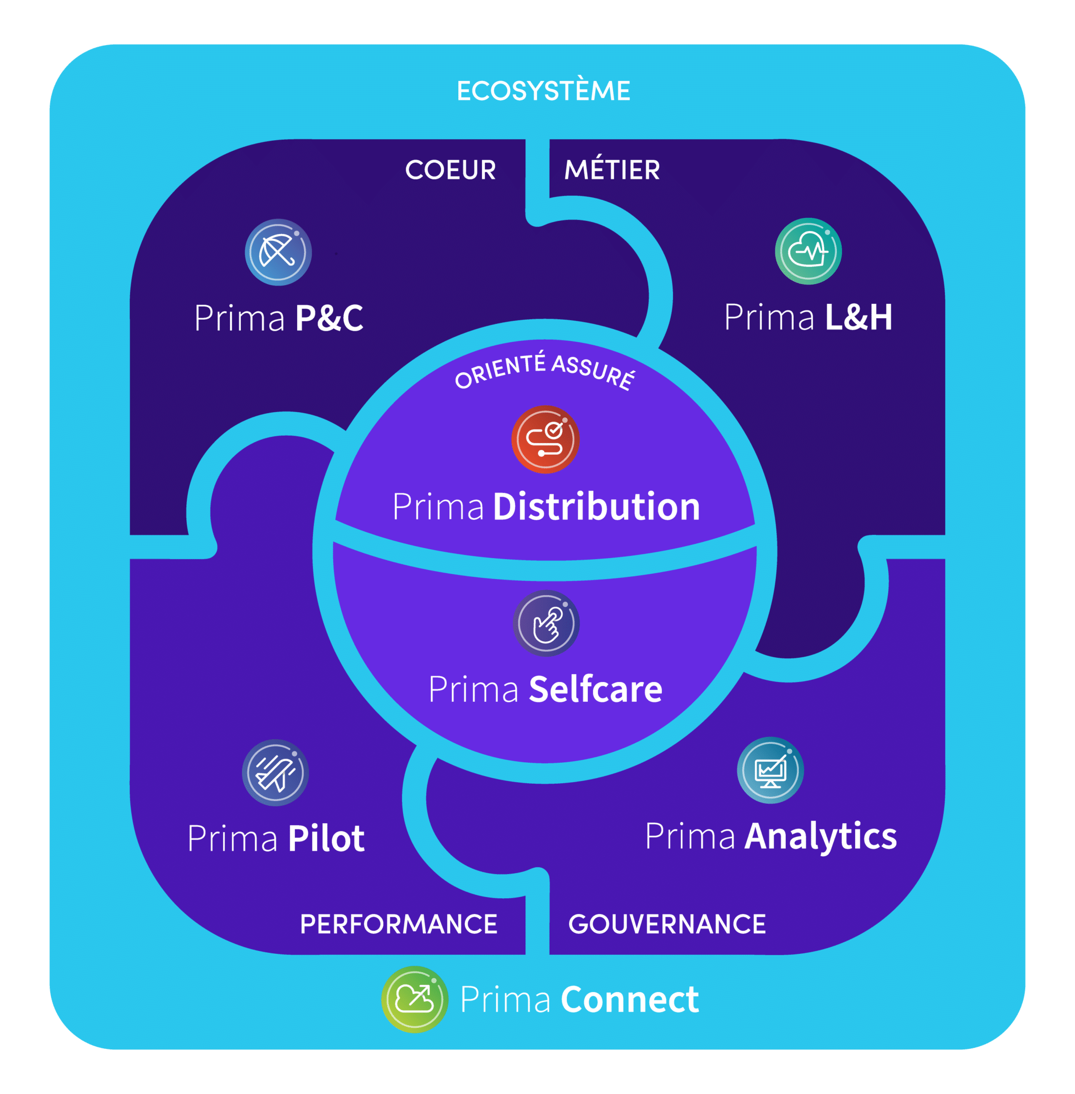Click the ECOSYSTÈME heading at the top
[x=543, y=91]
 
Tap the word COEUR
[x=450, y=170]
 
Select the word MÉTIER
[x=612, y=170]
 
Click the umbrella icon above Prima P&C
[x=278, y=252]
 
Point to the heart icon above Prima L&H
[x=808, y=251]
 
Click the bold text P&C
[x=329, y=318]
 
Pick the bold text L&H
[x=859, y=317]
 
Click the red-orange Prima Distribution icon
[x=545, y=439]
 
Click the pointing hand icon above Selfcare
[x=546, y=624]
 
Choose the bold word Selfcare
[x=595, y=689]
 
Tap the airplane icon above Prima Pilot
[x=275, y=773]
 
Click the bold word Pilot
[x=326, y=838]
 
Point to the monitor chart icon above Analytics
[x=770, y=771]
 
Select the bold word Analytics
[x=820, y=836]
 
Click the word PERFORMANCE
[x=398, y=924]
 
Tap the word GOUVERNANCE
[x=667, y=924]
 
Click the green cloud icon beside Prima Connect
[x=415, y=999]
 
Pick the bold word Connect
[x=629, y=1000]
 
